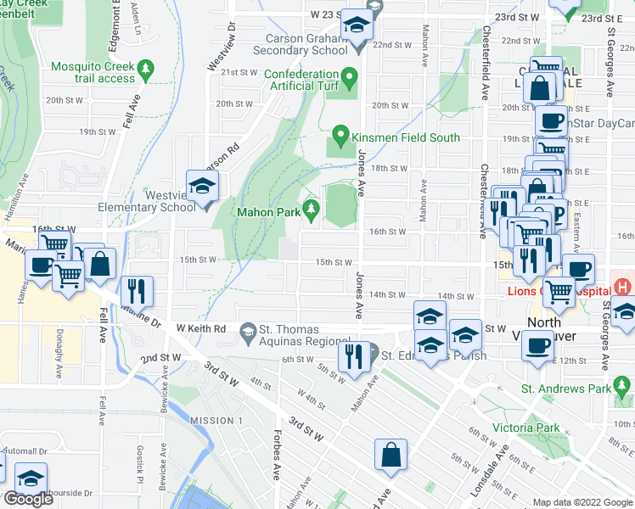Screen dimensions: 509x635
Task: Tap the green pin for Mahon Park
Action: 311,209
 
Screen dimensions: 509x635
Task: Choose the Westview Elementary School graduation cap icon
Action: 203,187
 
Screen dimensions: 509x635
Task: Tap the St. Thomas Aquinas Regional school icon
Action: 249,329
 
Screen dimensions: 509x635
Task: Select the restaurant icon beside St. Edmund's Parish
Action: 351,357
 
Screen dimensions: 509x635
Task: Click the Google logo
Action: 27,499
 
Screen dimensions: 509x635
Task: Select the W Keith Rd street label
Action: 201,328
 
